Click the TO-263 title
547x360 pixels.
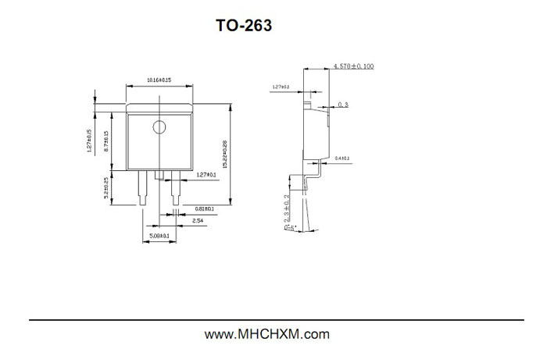(244, 26)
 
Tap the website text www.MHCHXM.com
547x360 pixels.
(266, 334)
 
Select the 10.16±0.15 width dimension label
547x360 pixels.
(159, 80)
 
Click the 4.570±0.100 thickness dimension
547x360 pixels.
(354, 66)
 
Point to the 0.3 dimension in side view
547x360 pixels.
(344, 104)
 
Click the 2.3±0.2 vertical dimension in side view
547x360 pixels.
(288, 209)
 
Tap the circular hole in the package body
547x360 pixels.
(159, 127)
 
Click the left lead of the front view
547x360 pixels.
(142, 188)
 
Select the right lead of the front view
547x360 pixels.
(174, 188)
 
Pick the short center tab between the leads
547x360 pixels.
(159, 175)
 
